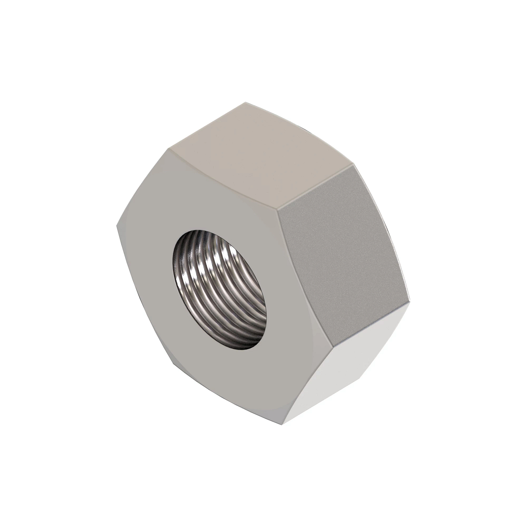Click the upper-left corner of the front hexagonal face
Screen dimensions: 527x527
click(169, 148)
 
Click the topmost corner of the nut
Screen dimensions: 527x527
click(246, 102)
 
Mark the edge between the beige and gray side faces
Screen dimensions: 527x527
click(317, 185)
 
